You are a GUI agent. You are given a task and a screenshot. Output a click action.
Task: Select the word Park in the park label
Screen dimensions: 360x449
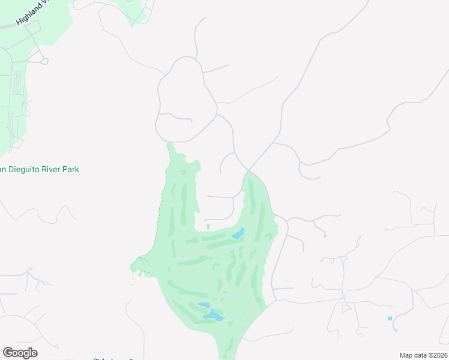pos(71,170)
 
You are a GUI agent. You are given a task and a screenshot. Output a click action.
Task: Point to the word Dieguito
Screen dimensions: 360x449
pos(20,170)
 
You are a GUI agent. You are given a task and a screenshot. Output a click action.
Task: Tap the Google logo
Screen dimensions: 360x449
pos(20,353)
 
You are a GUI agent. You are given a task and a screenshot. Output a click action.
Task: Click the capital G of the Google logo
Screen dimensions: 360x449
pos(8,353)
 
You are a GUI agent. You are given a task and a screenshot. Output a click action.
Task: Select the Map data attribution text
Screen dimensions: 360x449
pos(423,355)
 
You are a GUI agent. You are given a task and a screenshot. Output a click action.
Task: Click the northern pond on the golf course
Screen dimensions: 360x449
pos(238,233)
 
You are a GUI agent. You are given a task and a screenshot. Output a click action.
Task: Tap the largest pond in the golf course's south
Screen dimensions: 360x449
pos(212,316)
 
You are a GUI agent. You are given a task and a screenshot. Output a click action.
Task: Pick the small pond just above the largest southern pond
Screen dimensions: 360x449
pos(202,305)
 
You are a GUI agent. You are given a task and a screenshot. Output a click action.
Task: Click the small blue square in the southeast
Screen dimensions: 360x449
pos(390,318)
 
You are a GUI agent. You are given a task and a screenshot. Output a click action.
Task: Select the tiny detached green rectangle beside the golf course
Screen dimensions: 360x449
pos(208,226)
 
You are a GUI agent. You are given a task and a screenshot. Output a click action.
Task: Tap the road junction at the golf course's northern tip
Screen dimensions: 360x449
pos(247,171)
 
